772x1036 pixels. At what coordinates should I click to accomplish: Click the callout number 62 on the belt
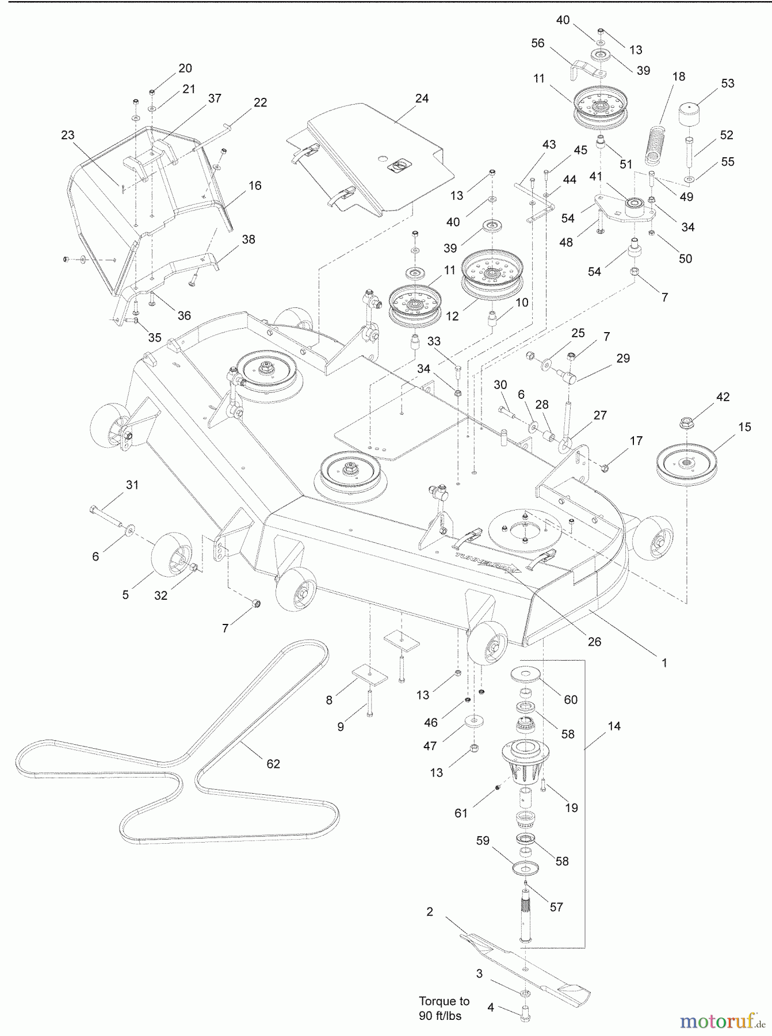(x=273, y=764)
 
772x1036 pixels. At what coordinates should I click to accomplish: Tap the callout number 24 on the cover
(x=422, y=98)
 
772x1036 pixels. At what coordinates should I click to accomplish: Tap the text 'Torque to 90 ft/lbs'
(x=444, y=1008)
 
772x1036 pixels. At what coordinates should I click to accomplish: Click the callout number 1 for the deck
(x=664, y=662)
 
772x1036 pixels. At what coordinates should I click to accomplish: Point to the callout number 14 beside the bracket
(x=614, y=726)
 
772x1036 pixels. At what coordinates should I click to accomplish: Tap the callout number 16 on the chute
(x=255, y=185)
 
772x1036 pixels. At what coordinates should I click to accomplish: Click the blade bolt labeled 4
(x=524, y=1014)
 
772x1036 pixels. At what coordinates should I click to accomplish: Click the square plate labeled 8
(x=369, y=675)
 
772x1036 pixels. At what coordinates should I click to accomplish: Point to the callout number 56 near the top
(x=537, y=44)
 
